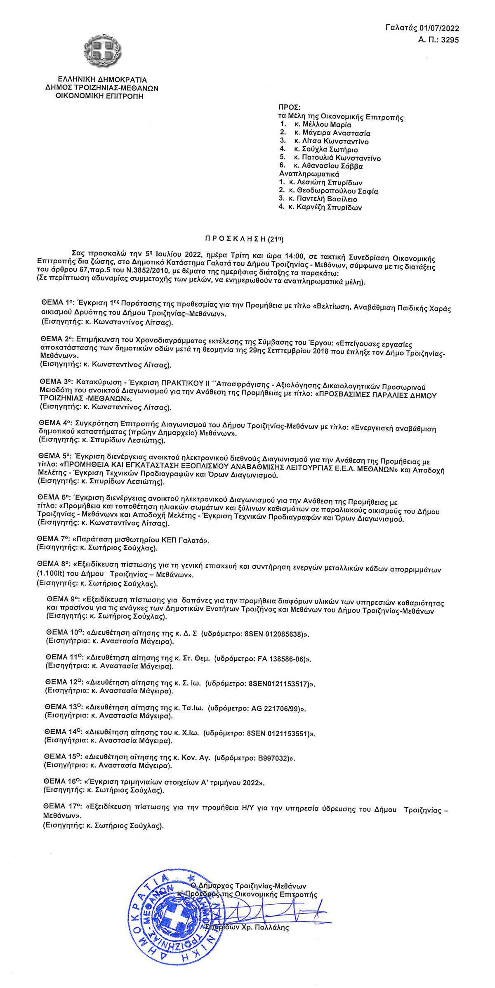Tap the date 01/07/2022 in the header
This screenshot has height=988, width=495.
tap(439, 28)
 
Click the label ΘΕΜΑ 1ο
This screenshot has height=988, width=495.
tap(57, 303)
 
